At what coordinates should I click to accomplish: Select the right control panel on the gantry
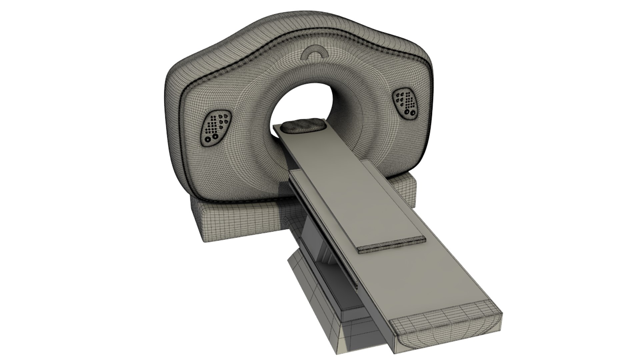click(405, 103)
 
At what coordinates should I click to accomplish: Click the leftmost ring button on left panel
click(208, 139)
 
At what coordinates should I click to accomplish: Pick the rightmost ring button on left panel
click(215, 136)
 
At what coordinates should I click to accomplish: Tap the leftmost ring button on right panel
click(407, 112)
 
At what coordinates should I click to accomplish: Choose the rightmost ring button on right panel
click(413, 113)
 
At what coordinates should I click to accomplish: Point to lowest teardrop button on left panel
click(221, 127)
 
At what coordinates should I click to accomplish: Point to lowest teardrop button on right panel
click(402, 104)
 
